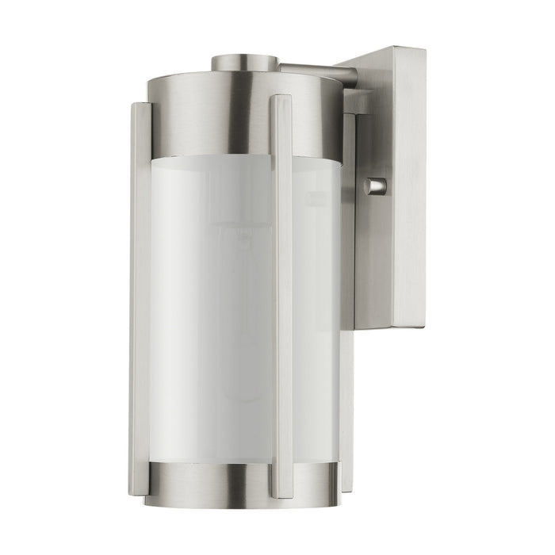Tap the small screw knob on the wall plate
point(376,186)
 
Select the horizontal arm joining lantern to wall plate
point(317,72)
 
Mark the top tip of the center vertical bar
point(281,98)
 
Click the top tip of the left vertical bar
point(140,104)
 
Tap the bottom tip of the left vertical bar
point(140,492)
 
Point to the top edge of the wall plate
point(388,49)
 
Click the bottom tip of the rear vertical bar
point(347,488)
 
